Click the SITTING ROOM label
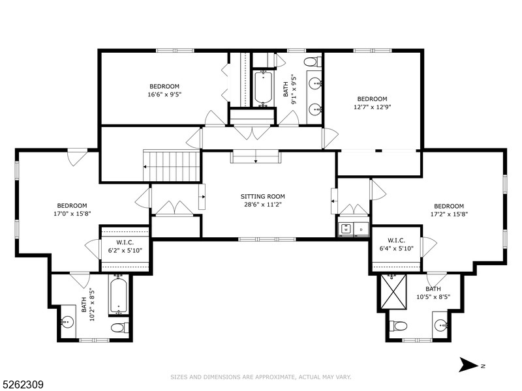(263, 196)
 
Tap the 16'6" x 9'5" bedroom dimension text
(164, 94)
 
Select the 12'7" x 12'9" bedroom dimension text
(372, 107)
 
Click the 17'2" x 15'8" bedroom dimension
(448, 214)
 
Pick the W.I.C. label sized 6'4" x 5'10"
(397, 248)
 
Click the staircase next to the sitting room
(172, 167)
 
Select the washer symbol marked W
(346, 229)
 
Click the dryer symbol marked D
(361, 229)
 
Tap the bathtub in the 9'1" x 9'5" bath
(263, 88)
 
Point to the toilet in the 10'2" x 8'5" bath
(119, 327)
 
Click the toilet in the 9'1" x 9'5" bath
(312, 62)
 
